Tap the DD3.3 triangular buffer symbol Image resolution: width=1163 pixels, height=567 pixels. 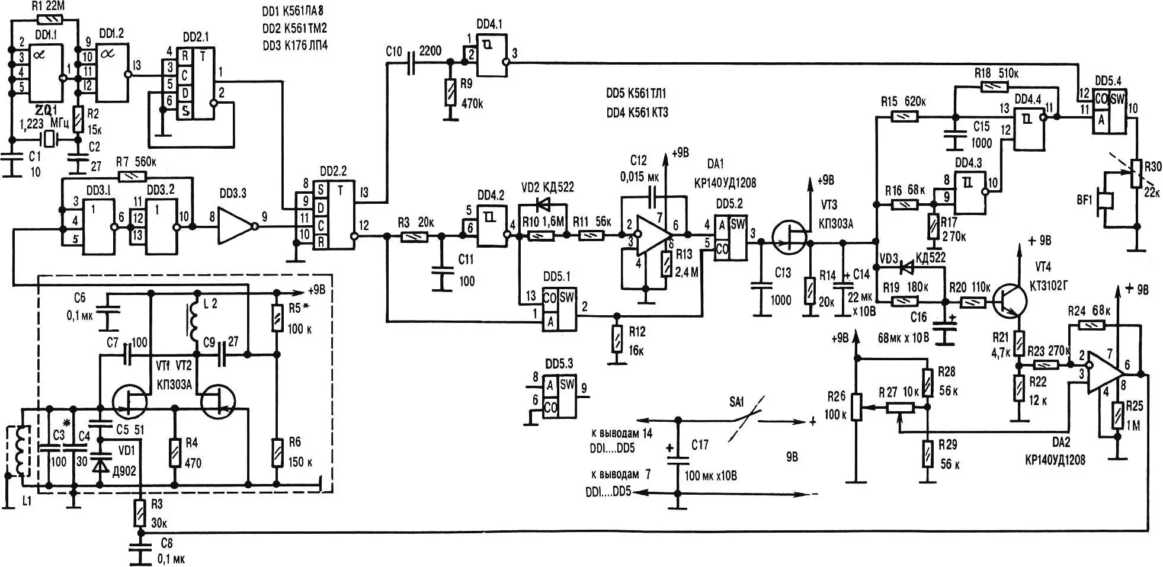(236, 226)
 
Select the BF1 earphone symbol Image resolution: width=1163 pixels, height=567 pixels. (1104, 207)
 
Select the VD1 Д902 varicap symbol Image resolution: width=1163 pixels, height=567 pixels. (102, 466)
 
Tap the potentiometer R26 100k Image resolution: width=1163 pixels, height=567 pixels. (856, 407)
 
